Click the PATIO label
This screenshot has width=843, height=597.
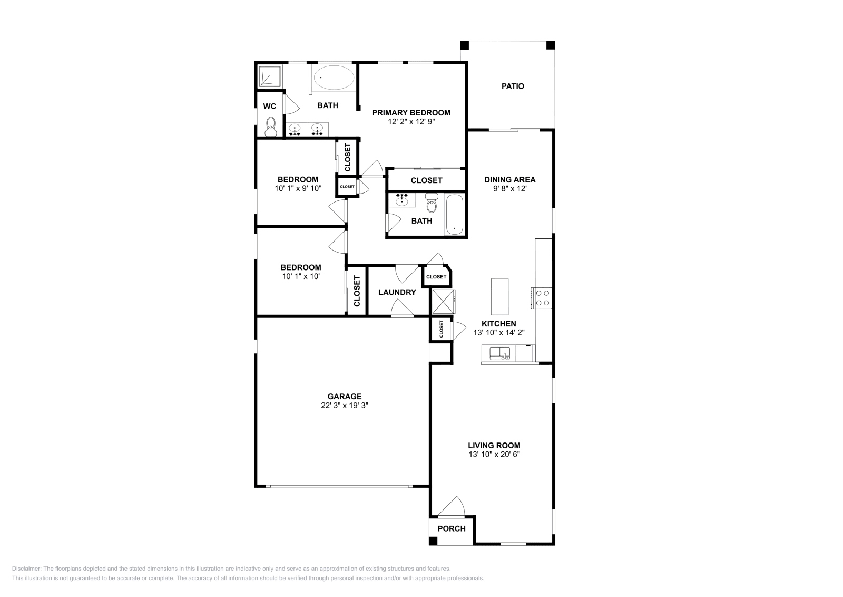point(513,86)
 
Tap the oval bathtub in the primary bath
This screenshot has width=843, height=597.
point(334,78)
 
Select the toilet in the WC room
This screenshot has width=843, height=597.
point(271,126)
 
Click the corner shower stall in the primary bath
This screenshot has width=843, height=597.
point(270,76)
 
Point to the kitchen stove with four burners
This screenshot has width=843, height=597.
point(542,298)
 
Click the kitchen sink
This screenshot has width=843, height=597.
point(500,354)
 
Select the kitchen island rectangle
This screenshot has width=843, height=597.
point(500,297)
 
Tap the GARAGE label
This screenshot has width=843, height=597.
point(345,396)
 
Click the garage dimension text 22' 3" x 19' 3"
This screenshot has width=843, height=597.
point(345,405)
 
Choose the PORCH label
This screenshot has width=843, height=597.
point(452,528)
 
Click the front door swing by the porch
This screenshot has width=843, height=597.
point(451,506)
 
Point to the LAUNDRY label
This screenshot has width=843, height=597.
point(397,292)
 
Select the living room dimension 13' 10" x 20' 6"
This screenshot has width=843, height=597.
point(494,454)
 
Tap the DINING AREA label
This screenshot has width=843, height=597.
point(510,180)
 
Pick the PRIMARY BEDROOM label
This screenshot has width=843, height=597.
point(411,113)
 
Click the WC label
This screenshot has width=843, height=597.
point(269,106)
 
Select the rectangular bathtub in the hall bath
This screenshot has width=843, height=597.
point(454,215)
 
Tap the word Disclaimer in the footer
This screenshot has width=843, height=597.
point(26,569)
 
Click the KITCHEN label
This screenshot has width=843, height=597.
point(498,323)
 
